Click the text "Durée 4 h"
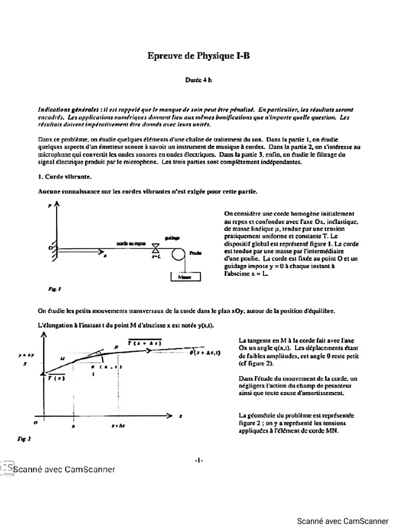pos(199,80)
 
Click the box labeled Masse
pos(185,277)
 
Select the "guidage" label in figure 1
pos(172,237)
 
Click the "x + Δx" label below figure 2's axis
pos(118,425)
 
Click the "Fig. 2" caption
pos(24,439)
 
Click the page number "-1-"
pos(199,460)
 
